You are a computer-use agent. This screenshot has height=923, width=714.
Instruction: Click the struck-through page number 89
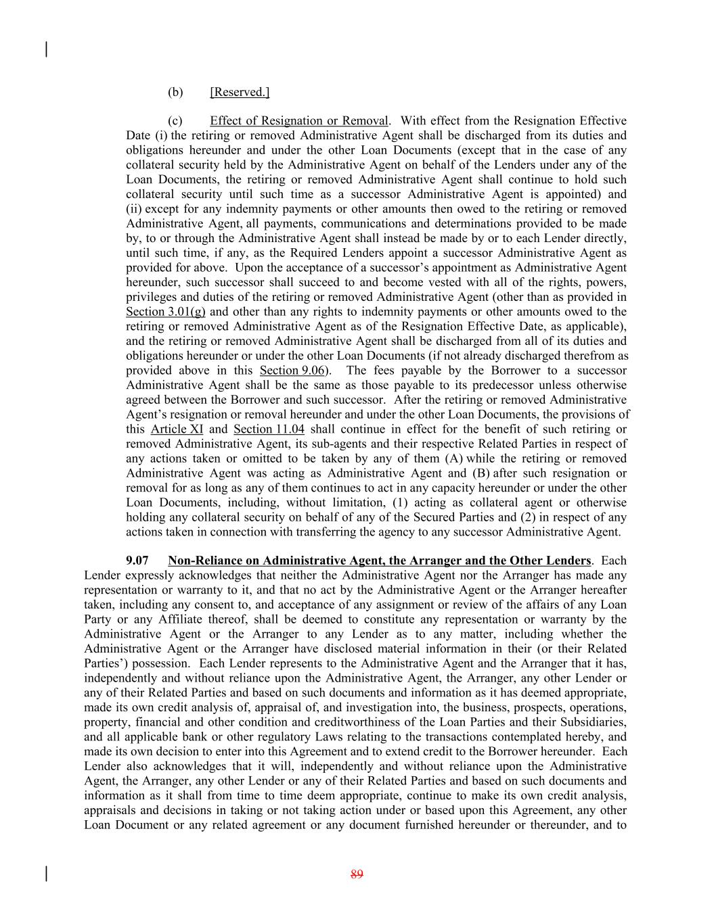coord(357,874)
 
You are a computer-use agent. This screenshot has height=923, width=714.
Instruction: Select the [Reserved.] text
coord(240,92)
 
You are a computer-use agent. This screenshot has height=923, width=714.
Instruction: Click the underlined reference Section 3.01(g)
coord(165,312)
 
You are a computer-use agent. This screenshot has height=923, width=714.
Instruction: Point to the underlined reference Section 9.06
coord(291,371)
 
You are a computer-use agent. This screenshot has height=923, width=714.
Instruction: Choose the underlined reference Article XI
coord(177,429)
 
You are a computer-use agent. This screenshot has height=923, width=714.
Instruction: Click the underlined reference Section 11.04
coord(269,429)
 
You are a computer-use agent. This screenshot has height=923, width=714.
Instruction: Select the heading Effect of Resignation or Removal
coord(299,121)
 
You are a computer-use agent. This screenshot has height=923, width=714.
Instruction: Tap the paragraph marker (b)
coord(175,92)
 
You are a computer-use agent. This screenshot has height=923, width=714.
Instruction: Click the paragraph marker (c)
coord(175,121)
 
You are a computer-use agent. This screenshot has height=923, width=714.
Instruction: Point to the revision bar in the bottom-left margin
coord(46,874)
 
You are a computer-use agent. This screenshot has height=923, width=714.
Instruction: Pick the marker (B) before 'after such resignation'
coord(481,473)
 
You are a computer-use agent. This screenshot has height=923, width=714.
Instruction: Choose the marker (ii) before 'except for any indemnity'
coord(134,209)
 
